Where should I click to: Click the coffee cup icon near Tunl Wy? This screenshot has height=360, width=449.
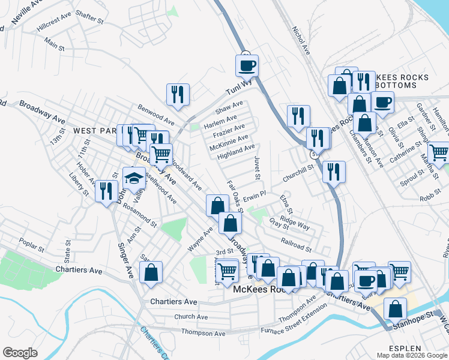(x=247, y=65)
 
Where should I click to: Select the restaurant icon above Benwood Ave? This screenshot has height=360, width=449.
(x=178, y=94)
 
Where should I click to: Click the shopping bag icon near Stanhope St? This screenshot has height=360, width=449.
(x=395, y=309)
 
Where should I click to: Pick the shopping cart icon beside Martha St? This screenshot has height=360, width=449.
(x=439, y=152)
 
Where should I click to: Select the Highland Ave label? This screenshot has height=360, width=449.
(x=237, y=151)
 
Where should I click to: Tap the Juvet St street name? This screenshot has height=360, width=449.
(x=257, y=167)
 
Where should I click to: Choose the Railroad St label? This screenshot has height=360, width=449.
(x=296, y=245)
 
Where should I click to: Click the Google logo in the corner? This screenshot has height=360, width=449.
(x=20, y=353)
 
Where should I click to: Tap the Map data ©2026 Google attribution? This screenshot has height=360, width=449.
(x=411, y=355)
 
